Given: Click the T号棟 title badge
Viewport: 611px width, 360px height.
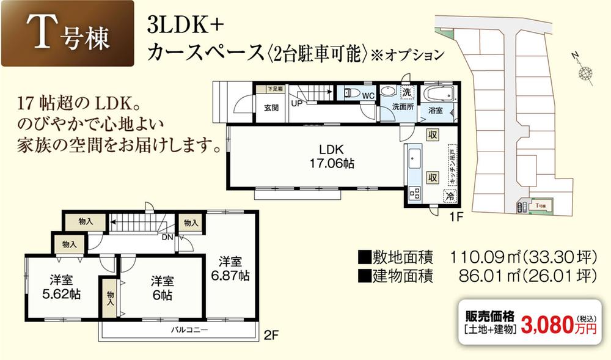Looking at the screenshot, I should click(x=67, y=35).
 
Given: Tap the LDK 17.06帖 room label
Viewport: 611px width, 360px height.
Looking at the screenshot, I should click(x=332, y=156).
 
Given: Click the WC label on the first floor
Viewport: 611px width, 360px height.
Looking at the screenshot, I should click(x=368, y=95).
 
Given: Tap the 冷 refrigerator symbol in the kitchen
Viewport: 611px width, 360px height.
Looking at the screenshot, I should click(x=450, y=197).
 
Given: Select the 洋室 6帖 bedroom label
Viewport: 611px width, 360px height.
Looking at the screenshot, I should click(x=162, y=287).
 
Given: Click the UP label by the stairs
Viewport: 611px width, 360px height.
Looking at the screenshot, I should click(x=297, y=103).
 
